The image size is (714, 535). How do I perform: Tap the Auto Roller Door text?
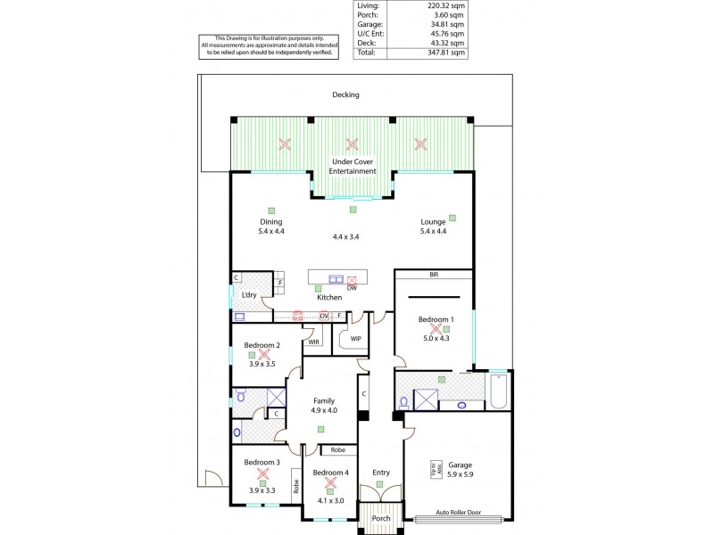pyautogui.click(x=459, y=512)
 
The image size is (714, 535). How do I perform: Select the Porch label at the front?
pyautogui.click(x=381, y=518)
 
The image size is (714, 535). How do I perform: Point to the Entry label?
pyautogui.click(x=381, y=473)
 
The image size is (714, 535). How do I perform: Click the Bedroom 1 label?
pyautogui.click(x=436, y=319)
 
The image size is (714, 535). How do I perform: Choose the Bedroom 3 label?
pyautogui.click(x=262, y=462)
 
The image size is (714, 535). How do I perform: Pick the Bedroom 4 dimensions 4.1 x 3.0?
pyautogui.click(x=330, y=501)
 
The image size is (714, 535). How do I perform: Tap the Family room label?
pyautogui.click(x=324, y=401)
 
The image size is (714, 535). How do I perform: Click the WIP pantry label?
pyautogui.click(x=355, y=338)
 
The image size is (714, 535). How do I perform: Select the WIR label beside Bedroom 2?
pyautogui.click(x=314, y=342)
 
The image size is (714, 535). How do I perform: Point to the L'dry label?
pyautogui.click(x=249, y=294)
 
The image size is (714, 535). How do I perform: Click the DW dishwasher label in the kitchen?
pyautogui.click(x=352, y=288)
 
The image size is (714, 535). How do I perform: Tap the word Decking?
pyautogui.click(x=345, y=95)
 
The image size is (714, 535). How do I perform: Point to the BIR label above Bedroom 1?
pyautogui.click(x=434, y=276)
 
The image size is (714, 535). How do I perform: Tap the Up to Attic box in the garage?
pyautogui.click(x=435, y=467)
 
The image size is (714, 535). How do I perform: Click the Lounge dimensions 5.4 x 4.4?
pyautogui.click(x=434, y=231)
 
